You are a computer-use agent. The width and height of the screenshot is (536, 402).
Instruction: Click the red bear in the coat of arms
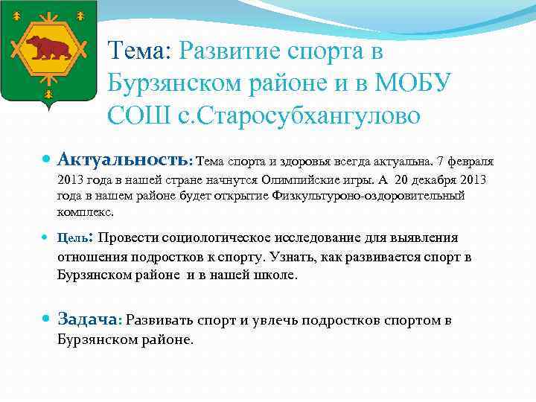[49, 47]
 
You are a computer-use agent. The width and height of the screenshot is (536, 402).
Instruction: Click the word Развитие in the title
[229, 51]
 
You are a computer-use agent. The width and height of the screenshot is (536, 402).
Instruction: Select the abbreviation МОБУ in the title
[413, 83]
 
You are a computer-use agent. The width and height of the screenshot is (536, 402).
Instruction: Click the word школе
[275, 275]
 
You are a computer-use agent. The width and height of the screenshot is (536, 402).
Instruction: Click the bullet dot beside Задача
[47, 318]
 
